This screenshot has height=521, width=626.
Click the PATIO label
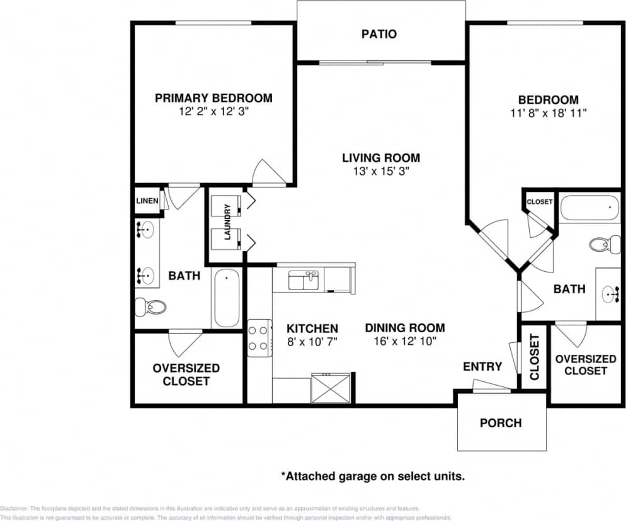(379, 34)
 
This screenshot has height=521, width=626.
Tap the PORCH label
(501, 422)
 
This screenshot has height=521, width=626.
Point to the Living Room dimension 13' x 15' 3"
(380, 171)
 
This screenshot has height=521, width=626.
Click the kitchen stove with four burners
(258, 337)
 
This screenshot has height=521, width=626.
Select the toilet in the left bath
(151, 307)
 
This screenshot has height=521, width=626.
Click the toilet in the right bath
(605, 244)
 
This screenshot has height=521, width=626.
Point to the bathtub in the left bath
(226, 298)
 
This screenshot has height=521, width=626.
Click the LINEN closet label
(147, 201)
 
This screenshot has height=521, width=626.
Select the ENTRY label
(482, 366)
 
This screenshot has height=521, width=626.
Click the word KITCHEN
(312, 328)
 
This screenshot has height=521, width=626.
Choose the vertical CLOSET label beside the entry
(534, 357)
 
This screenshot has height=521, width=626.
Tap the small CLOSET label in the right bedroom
(539, 202)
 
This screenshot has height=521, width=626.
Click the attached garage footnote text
(372, 476)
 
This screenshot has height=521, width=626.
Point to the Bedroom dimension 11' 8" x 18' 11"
(548, 113)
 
